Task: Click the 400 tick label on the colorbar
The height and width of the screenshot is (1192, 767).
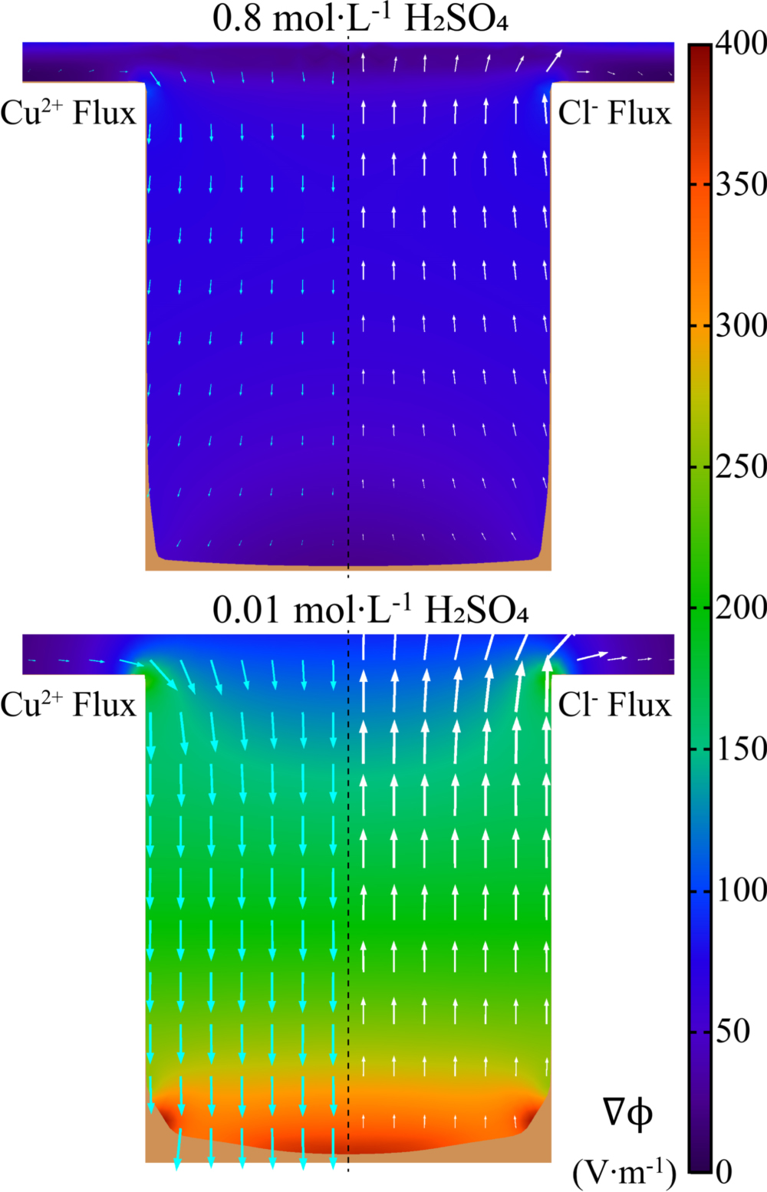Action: tap(741, 44)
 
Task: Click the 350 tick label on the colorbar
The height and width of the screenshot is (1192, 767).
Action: tap(741, 184)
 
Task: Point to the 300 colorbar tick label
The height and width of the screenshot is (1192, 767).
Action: tap(741, 325)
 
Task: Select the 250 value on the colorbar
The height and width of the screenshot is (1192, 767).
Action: tap(741, 466)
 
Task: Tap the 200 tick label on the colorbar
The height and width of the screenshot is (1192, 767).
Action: tap(741, 608)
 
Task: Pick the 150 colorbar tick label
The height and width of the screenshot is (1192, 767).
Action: tap(741, 749)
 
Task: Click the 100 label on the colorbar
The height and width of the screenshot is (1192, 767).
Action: tap(741, 890)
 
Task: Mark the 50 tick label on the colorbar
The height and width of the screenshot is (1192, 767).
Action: tap(732, 1031)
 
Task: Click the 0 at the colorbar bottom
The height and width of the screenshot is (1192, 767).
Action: tap(725, 1171)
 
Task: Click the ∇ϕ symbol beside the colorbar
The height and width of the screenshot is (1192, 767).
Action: tap(627, 1112)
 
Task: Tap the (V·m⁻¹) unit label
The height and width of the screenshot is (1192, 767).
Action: tap(624, 1172)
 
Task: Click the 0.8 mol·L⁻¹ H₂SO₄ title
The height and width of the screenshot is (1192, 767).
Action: tap(360, 19)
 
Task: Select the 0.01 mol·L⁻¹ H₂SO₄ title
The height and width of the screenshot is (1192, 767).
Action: tap(370, 611)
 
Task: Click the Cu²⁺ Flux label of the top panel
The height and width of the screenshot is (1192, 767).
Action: tap(67, 113)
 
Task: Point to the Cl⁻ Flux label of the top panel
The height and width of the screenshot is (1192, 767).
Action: tap(614, 113)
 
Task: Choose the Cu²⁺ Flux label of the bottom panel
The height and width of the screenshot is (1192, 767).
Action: tap(67, 704)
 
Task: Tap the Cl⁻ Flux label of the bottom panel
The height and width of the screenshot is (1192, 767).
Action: tap(614, 704)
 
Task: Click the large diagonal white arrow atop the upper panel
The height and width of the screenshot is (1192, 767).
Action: tap(554, 61)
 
